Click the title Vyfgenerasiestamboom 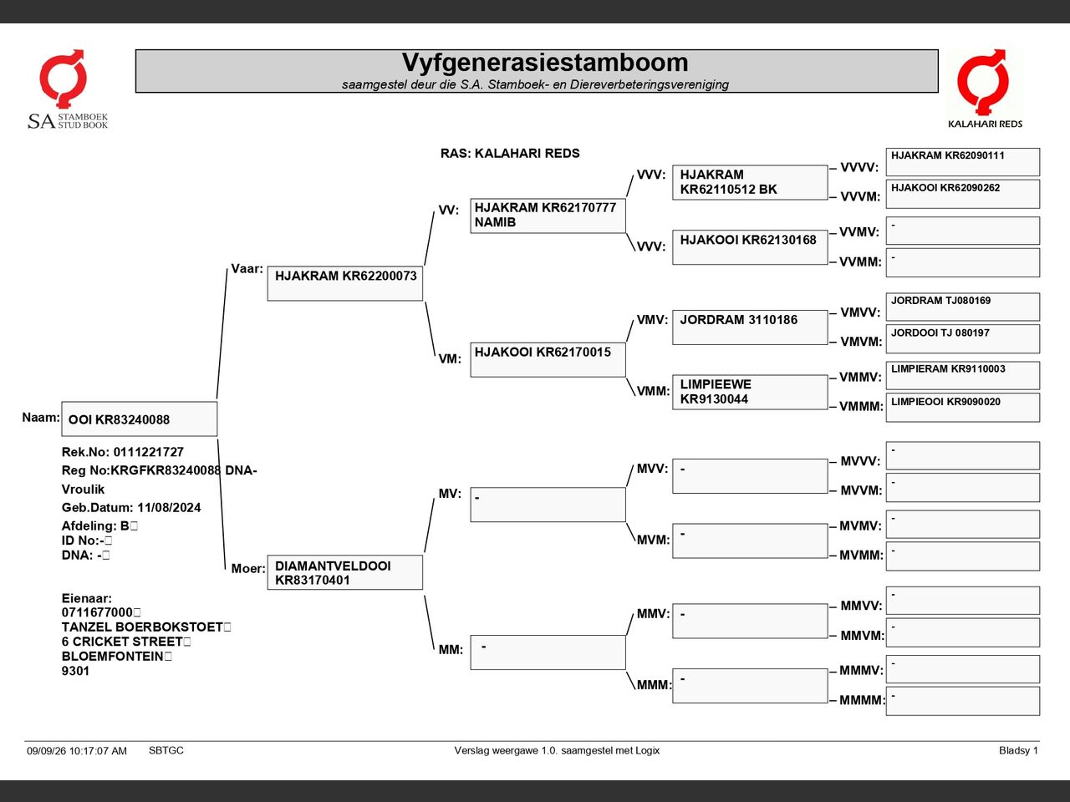[x=545, y=63]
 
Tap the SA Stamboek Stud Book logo [x=68, y=89]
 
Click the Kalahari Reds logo [x=985, y=89]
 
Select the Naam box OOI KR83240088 [x=140, y=419]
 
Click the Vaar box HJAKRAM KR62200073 [x=345, y=283]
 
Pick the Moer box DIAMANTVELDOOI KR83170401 [x=345, y=572]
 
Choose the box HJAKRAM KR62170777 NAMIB [x=548, y=216]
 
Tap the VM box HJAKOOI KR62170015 [x=548, y=360]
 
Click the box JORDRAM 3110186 [x=750, y=327]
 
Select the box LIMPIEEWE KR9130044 [x=750, y=392]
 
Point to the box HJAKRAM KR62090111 [x=963, y=162]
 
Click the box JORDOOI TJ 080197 [x=963, y=339]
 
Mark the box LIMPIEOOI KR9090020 [x=963, y=408]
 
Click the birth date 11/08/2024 [x=169, y=507]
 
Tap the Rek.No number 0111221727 [x=149, y=452]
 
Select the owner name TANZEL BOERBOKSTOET [x=142, y=627]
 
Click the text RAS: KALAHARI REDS [x=510, y=154]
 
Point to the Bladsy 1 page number [x=1018, y=750]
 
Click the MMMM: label [x=862, y=700]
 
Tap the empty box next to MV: [x=548, y=505]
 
